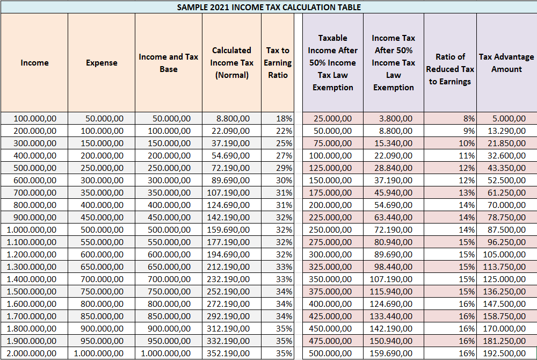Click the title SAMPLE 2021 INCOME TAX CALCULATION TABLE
(x=269, y=7)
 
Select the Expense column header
(x=101, y=63)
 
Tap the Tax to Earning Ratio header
(x=278, y=63)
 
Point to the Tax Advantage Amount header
(x=506, y=63)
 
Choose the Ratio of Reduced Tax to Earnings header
(x=450, y=69)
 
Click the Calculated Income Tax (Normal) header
(x=231, y=63)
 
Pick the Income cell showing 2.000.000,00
(x=32, y=353)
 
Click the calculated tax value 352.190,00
(x=228, y=353)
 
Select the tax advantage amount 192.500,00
(x=504, y=353)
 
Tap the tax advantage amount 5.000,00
(x=509, y=119)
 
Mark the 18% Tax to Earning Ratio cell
(x=284, y=119)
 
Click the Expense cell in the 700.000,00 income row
(x=102, y=192)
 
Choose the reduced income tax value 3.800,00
(x=396, y=119)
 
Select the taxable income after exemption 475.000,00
(x=330, y=341)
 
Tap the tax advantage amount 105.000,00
(x=504, y=255)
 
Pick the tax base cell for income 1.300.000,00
(x=169, y=267)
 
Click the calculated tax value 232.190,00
(x=228, y=279)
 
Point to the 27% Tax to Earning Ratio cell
(x=284, y=155)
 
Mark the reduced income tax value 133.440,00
(x=391, y=316)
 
